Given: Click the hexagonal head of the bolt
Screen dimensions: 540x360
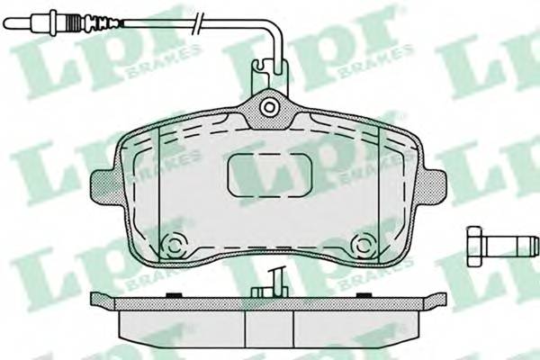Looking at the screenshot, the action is pyautogui.click(x=474, y=247).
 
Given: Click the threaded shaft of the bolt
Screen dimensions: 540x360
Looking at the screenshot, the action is pyautogui.click(x=510, y=247).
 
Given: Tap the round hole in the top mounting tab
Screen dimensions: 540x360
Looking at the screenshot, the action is pyautogui.click(x=269, y=107).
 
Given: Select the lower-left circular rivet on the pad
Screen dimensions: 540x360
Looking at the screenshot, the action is pyautogui.click(x=174, y=246).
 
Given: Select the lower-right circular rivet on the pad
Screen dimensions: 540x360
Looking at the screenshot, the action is pyautogui.click(x=362, y=246).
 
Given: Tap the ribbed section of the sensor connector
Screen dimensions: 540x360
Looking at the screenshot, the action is pyautogui.click(x=74, y=22).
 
